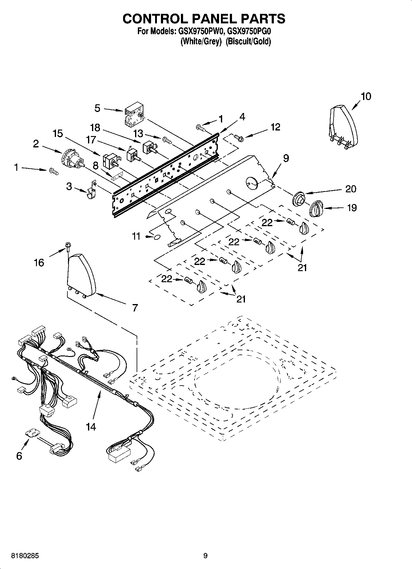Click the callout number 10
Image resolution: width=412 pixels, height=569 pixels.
coord(366,96)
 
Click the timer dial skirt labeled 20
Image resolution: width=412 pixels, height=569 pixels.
coord(299,198)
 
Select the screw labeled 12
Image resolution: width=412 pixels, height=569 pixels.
coord(238,138)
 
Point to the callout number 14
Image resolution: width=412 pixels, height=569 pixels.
coord(91,427)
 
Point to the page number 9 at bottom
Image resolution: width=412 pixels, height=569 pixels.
coord(205,556)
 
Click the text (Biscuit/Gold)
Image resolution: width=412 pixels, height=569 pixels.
coord(248,42)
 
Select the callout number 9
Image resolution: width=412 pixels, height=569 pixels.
coord(286,158)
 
